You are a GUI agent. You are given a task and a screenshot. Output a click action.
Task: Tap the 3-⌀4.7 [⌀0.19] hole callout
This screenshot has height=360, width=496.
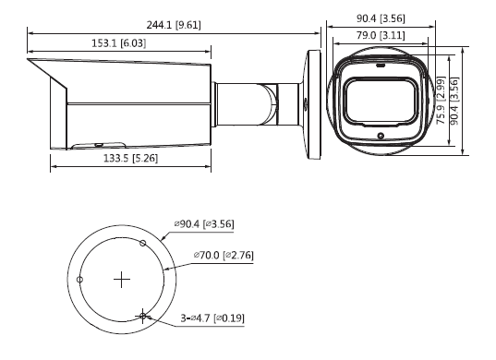pos(213,318)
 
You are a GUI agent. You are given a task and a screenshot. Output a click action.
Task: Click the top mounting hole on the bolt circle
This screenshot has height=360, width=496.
pos(142,242)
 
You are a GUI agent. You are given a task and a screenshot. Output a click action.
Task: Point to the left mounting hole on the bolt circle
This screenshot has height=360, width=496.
pos(81,279)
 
